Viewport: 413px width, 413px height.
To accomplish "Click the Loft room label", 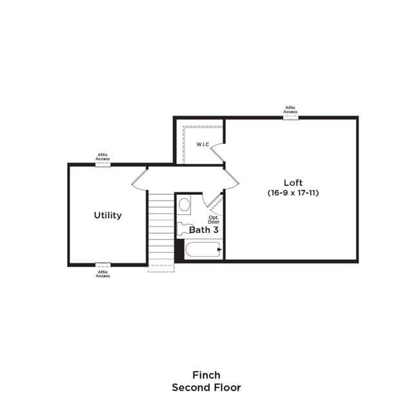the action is click(x=293, y=183).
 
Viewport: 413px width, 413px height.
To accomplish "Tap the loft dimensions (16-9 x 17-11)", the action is click(x=293, y=193).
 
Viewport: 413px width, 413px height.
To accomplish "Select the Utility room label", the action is click(x=108, y=216).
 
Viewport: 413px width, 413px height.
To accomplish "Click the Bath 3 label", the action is click(x=204, y=230).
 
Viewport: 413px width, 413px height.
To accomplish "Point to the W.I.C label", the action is click(x=203, y=145).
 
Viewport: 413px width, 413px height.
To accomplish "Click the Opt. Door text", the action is click(x=214, y=219).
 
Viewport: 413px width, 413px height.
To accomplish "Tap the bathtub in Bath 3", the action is click(x=203, y=250).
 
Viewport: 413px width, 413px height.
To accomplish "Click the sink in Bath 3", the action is click(x=184, y=205).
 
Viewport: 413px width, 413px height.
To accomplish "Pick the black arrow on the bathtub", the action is click(x=219, y=250).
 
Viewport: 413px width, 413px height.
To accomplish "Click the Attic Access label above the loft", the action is click(x=290, y=110).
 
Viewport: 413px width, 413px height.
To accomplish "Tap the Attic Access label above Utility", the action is click(x=103, y=157).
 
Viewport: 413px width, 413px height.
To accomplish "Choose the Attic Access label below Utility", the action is click(x=103, y=274).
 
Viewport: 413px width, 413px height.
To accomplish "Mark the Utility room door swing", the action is click(x=139, y=182).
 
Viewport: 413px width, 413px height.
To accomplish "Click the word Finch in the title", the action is click(x=206, y=375).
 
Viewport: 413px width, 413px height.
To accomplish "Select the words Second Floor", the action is click(x=206, y=387).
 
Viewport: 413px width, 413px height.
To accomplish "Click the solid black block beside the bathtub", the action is click(x=180, y=250).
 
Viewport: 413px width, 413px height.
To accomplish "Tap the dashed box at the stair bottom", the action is click(x=161, y=268).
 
